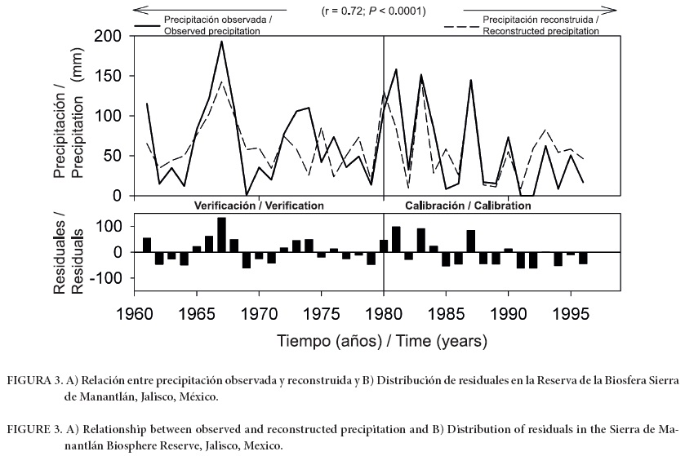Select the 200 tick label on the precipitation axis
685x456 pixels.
[108, 37]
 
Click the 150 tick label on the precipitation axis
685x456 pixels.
[108, 77]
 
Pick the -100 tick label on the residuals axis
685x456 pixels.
[101, 278]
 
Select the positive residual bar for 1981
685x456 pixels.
[396, 239]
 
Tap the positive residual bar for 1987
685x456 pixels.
[471, 241]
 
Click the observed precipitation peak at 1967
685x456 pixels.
[221, 42]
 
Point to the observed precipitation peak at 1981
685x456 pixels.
[396, 69]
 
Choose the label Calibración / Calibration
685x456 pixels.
[468, 206]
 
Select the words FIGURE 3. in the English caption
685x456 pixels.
[31, 428]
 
